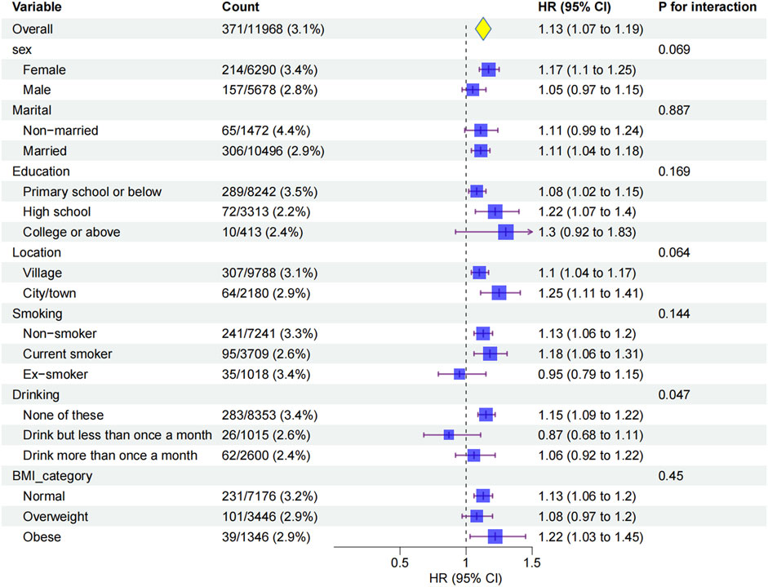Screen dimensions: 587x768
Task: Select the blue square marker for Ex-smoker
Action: (x=459, y=374)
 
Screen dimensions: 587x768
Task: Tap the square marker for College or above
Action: (x=506, y=232)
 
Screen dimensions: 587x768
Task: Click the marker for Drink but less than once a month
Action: (x=448, y=434)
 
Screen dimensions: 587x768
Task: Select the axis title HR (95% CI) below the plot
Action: (x=465, y=578)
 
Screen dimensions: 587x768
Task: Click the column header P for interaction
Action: (x=707, y=7)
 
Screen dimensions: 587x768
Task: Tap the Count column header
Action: (x=241, y=7)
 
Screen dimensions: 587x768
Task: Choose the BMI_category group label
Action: (x=51, y=475)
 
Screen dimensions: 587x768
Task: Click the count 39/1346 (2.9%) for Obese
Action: (x=269, y=536)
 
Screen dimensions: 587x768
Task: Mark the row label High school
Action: (x=57, y=211)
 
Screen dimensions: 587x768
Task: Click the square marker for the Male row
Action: (x=472, y=90)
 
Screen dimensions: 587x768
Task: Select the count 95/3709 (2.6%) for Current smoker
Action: (x=269, y=354)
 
